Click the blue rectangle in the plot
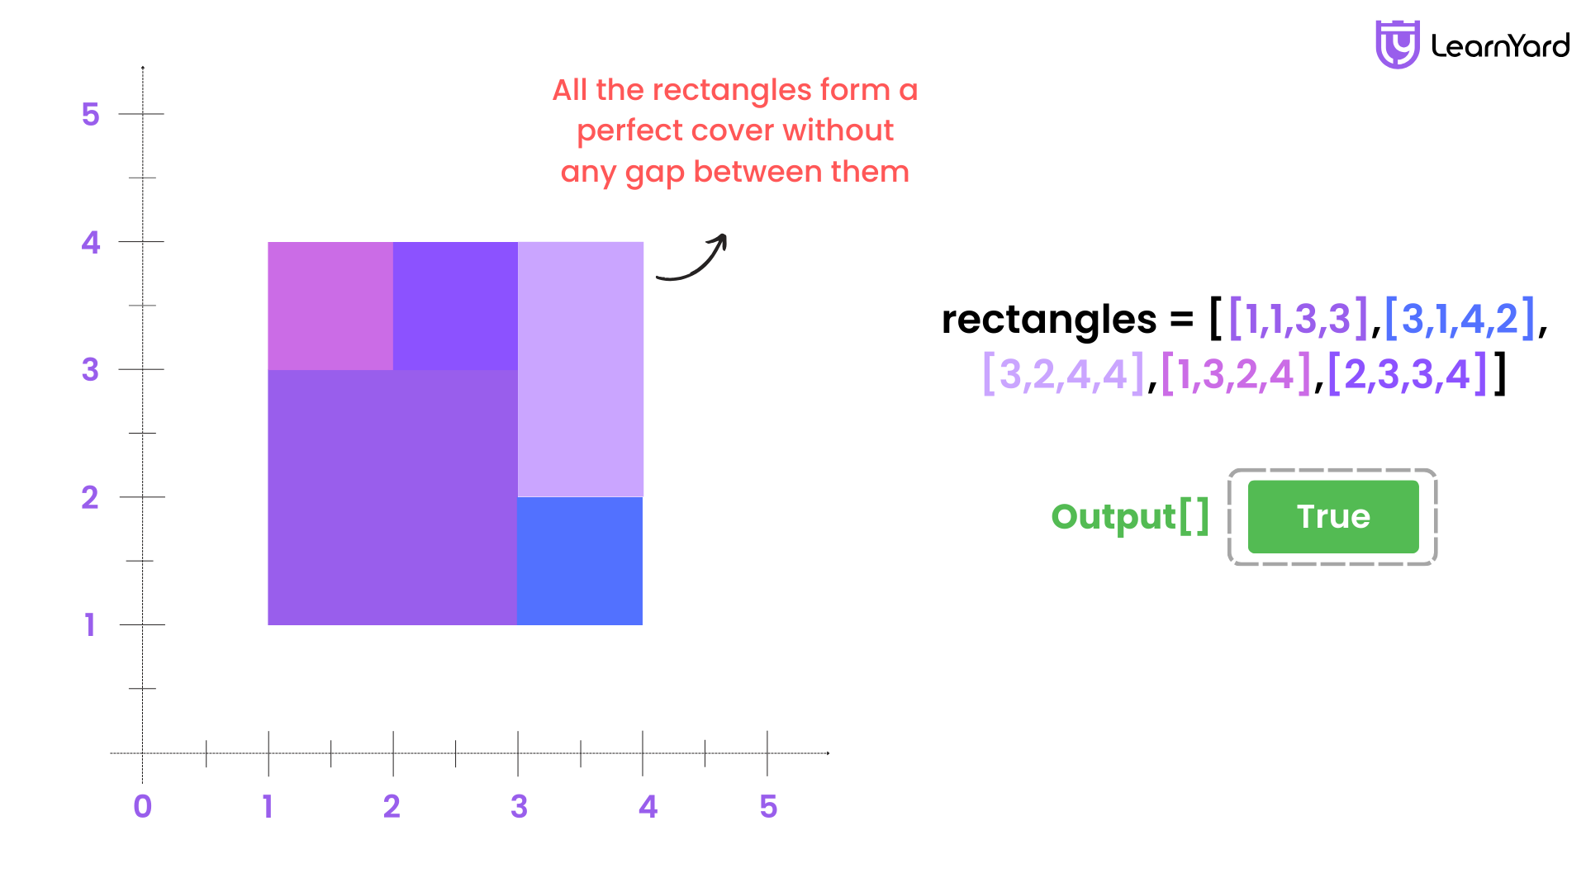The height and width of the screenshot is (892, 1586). [x=580, y=561]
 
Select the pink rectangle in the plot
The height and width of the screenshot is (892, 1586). [x=330, y=306]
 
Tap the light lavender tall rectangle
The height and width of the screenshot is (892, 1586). [x=581, y=369]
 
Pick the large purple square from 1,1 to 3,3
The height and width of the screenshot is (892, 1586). [x=392, y=497]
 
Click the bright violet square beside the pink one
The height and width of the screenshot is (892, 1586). [x=455, y=306]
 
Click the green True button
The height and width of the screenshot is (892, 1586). [x=1333, y=517]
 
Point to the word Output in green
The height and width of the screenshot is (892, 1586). [x=1114, y=517]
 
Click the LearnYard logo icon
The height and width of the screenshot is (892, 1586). [x=1397, y=45]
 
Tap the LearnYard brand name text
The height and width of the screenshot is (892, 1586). [x=1500, y=45]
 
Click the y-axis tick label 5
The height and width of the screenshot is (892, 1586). [x=90, y=114]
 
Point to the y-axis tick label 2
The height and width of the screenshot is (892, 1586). [x=90, y=497]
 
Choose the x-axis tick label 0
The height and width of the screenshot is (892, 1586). [x=143, y=806]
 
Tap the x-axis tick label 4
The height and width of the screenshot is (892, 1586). [x=648, y=806]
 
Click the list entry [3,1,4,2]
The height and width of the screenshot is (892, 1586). [x=1460, y=319]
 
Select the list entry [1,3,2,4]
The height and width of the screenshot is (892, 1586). [x=1236, y=374]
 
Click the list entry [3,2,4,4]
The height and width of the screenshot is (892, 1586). [x=1064, y=374]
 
